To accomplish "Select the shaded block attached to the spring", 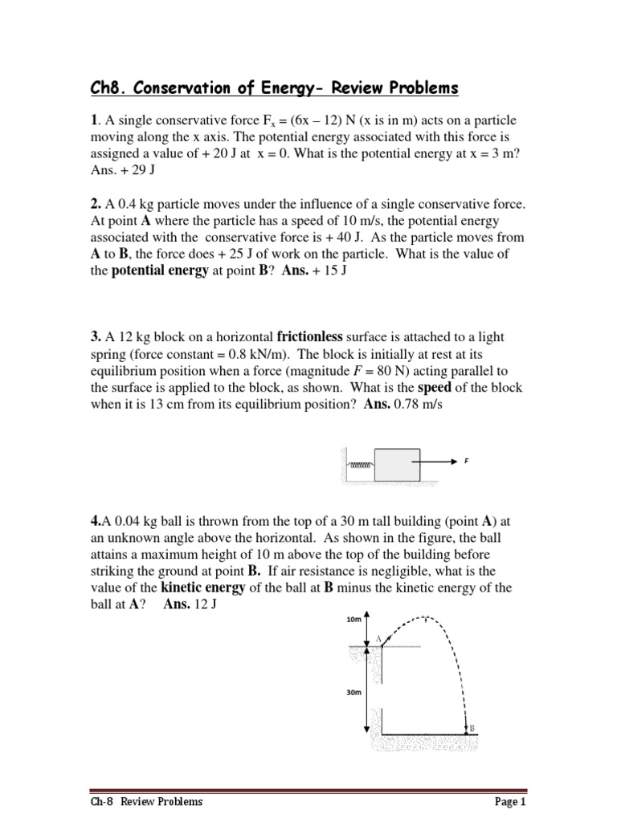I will click(x=397, y=465).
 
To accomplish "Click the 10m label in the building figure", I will click(x=354, y=620).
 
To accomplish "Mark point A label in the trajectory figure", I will click(x=378, y=638).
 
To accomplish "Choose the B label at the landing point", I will click(x=472, y=729).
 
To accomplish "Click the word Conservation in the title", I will click(x=194, y=88).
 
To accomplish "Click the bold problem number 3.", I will click(x=93, y=336).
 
